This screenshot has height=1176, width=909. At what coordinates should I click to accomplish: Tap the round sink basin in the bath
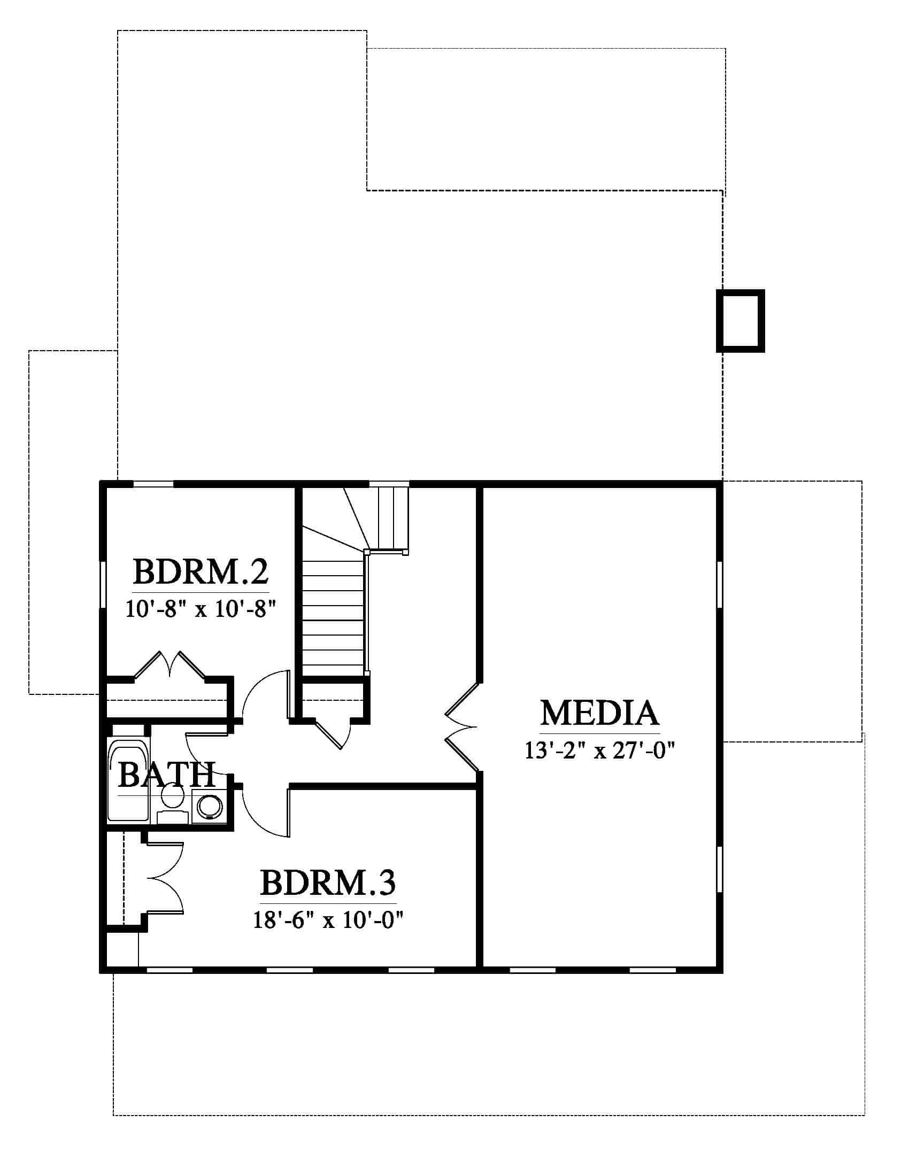(x=210, y=807)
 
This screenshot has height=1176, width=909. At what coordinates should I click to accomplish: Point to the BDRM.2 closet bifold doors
(x=170, y=666)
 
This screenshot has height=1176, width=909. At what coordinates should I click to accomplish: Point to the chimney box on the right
(x=741, y=321)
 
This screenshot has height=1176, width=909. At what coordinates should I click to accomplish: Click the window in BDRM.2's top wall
(x=153, y=484)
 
